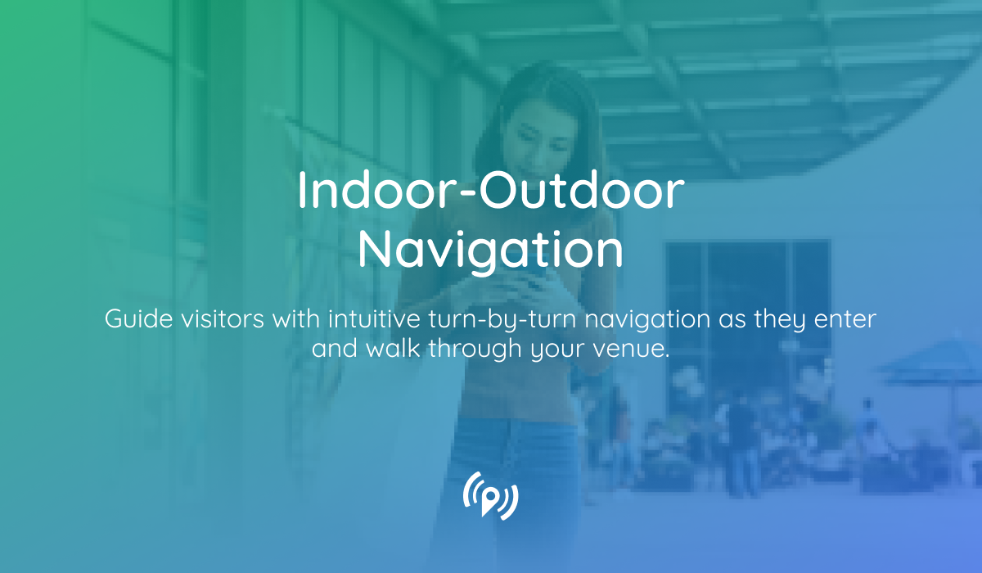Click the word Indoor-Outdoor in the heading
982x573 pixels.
click(x=490, y=192)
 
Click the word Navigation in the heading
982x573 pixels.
click(x=490, y=250)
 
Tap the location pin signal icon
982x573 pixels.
click(x=490, y=494)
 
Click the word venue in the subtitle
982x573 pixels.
click(x=633, y=349)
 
